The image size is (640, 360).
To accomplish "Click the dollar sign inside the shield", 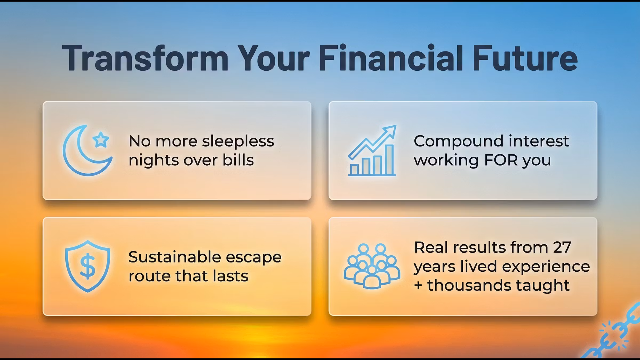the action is point(87,267).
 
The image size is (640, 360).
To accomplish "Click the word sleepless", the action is point(238,141).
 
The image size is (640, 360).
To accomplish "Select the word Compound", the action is point(458,142).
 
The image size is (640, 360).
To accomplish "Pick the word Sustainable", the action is point(175,257).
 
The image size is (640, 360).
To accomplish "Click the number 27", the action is point(562,247).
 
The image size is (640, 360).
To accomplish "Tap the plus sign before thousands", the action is point(418,286).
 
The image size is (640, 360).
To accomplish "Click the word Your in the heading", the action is point(274,58).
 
